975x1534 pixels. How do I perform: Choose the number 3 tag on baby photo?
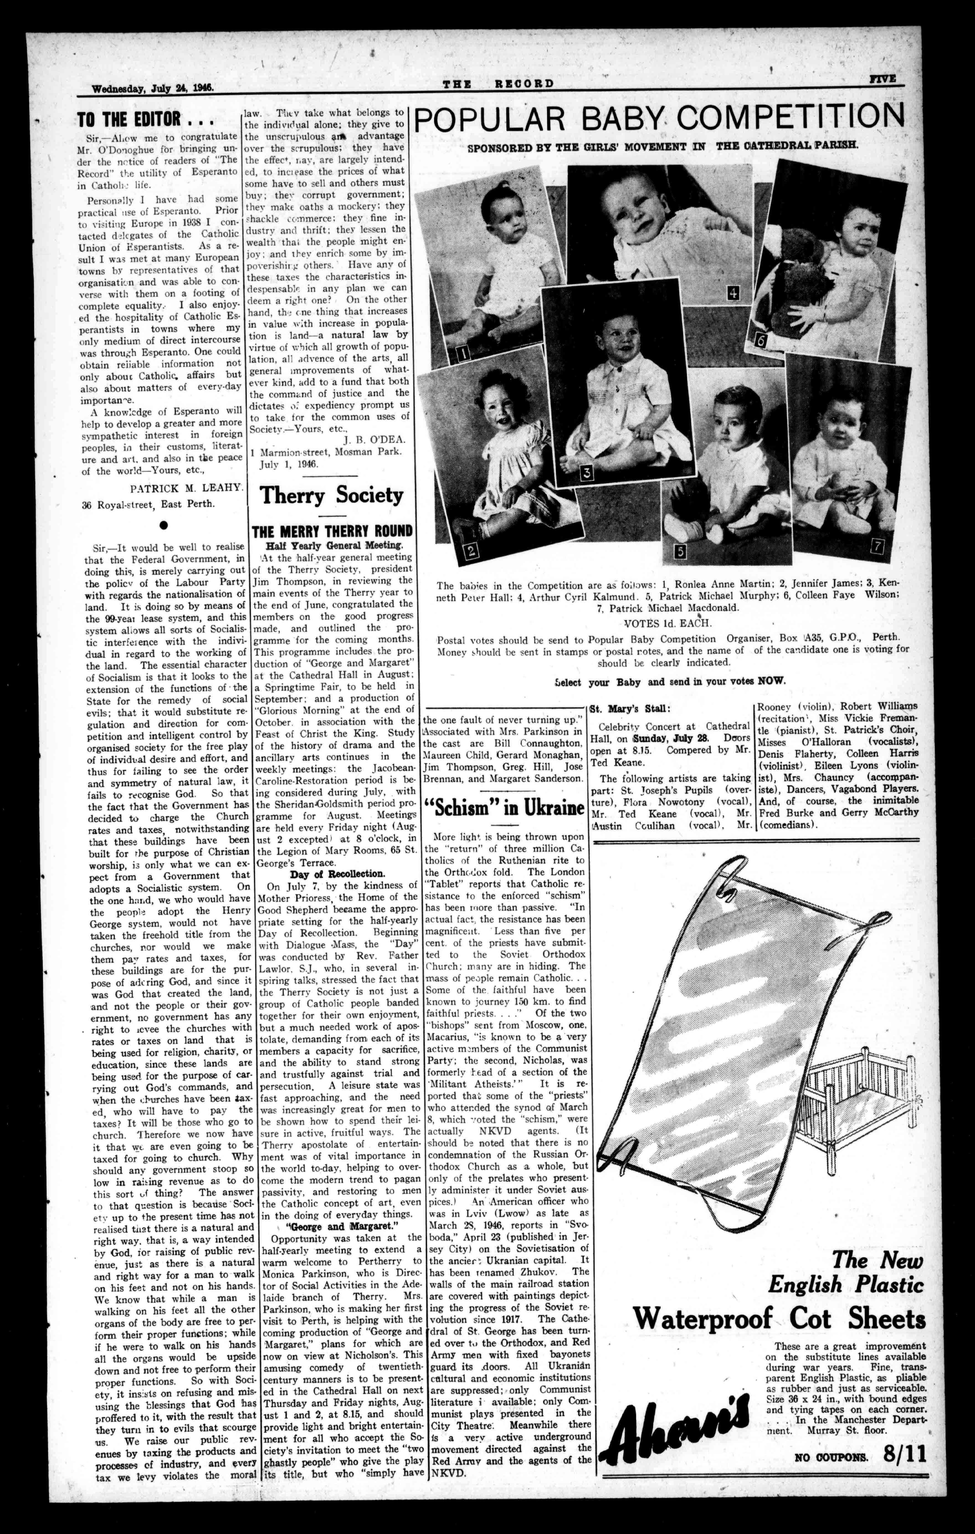pos(587,472)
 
